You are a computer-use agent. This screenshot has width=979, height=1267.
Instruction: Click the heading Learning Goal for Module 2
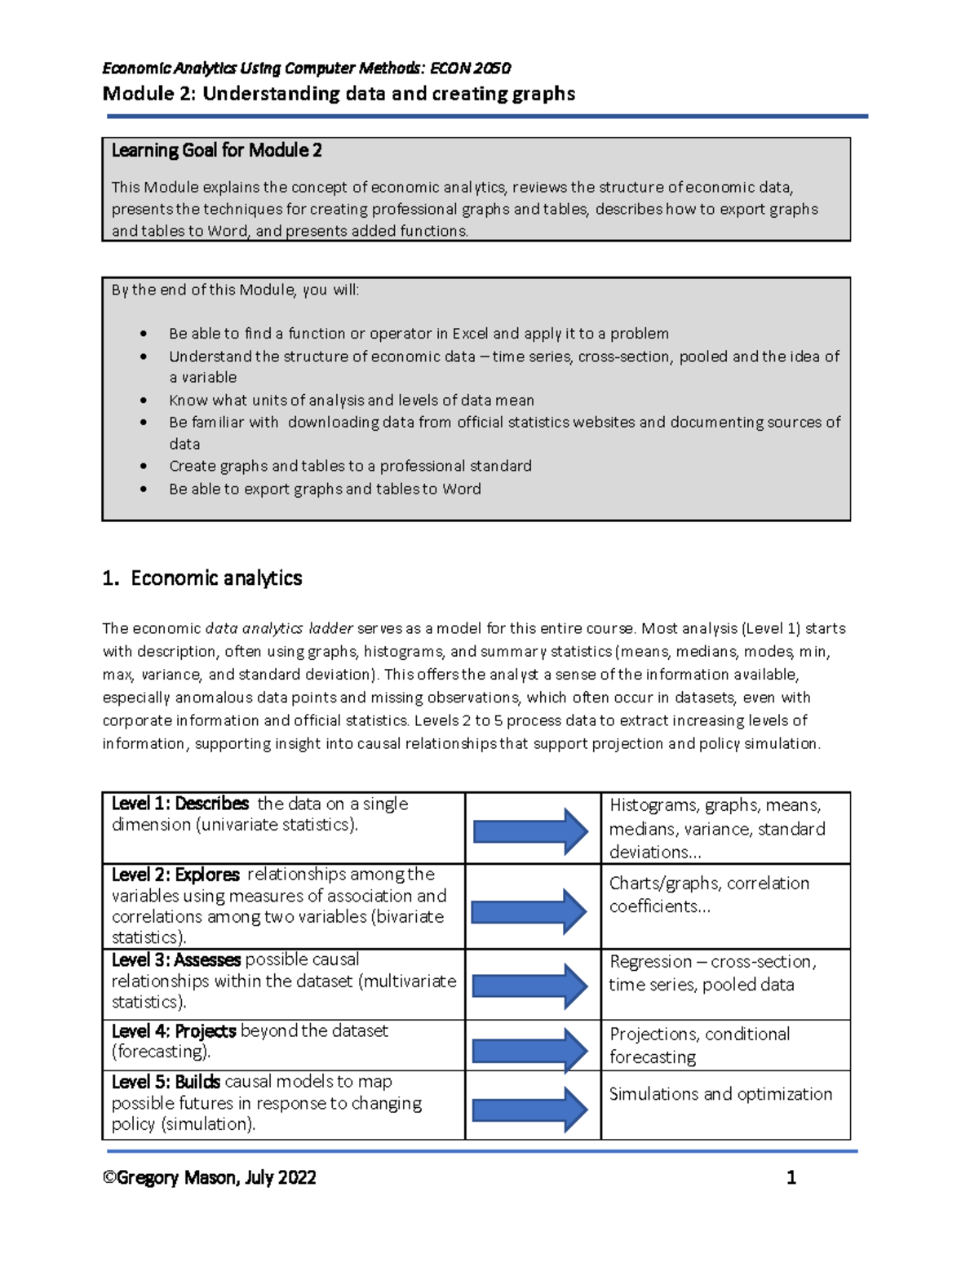(x=216, y=150)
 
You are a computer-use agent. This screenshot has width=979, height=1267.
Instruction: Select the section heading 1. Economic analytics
(x=202, y=578)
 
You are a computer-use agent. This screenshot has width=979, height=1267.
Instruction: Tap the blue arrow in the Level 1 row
(x=530, y=831)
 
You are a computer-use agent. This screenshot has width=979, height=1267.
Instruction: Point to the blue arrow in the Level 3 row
(x=530, y=985)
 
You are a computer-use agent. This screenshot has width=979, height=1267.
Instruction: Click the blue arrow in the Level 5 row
(x=530, y=1109)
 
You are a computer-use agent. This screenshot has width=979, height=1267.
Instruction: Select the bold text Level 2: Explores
(x=175, y=875)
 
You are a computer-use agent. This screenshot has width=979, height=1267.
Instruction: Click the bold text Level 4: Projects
(x=174, y=1031)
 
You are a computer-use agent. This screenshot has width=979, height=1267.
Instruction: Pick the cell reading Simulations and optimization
(x=720, y=1094)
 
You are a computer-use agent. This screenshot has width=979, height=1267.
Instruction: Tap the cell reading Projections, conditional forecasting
(x=699, y=1045)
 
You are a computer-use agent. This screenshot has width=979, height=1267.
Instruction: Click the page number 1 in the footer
(x=791, y=1177)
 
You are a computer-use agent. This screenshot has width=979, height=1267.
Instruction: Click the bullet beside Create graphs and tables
(x=144, y=466)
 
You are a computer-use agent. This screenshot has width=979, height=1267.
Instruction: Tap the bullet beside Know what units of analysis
(x=144, y=401)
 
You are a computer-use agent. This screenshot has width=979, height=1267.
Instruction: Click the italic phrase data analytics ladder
(x=278, y=629)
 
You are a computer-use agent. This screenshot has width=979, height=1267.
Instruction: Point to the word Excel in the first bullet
(x=470, y=334)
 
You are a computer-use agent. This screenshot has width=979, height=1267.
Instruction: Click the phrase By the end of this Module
(x=203, y=290)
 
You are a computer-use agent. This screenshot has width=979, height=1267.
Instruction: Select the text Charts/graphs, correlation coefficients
(x=708, y=894)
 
